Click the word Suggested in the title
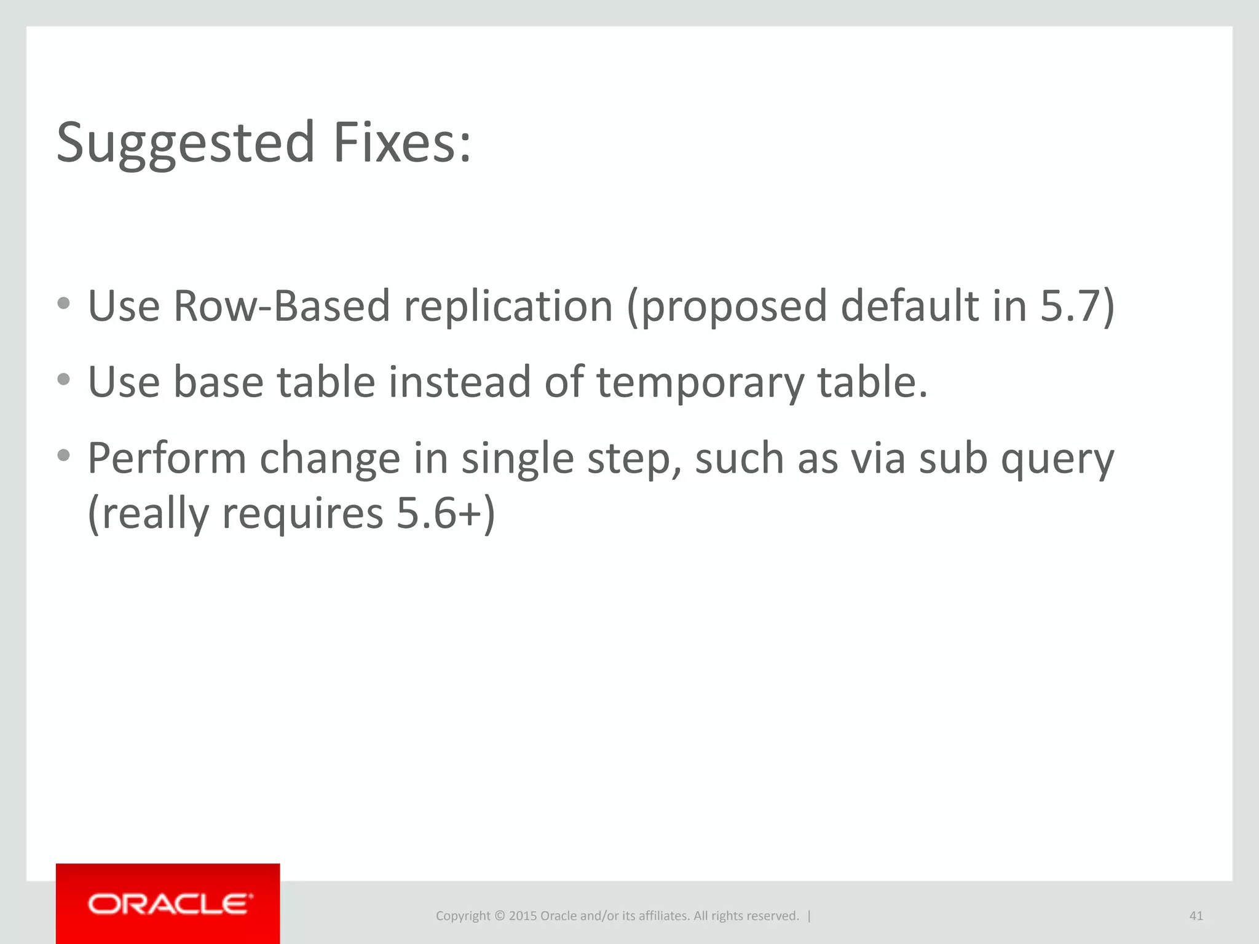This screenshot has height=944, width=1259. coord(185,143)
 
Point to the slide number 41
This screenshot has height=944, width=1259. coord(1196,916)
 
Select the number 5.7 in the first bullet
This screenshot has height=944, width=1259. coord(1070,305)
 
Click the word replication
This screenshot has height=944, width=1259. coord(508,305)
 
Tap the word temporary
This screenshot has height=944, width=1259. coord(700,382)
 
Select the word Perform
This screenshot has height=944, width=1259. coord(166,458)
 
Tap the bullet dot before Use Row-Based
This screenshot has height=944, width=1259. coord(63,303)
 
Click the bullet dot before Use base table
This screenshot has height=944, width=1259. coord(63,379)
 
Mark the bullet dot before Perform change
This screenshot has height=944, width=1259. coord(63,455)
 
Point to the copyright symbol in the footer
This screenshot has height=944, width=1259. coord(499,916)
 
